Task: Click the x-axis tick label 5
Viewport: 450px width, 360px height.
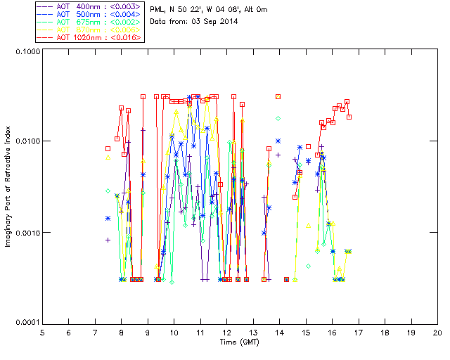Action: [42, 332]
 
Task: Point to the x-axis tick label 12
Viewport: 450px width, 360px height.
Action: [226, 332]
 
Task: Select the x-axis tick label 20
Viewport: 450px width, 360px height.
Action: [437, 332]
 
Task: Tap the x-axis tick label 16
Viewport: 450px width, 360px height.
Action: [332, 332]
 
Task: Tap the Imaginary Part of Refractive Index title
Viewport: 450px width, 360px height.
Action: [8, 187]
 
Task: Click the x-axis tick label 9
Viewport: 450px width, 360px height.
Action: [148, 332]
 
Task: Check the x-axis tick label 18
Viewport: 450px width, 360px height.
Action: [385, 332]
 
